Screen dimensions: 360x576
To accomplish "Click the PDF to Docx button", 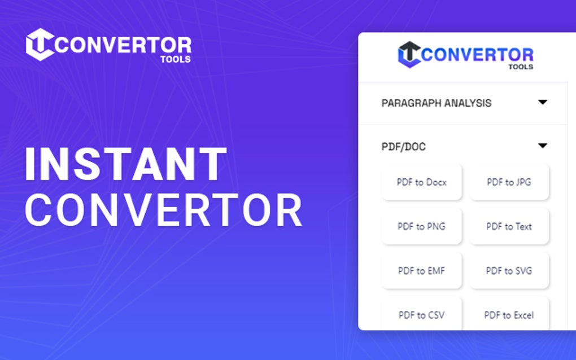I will pyautogui.click(x=421, y=182).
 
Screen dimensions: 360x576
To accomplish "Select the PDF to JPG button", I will pyautogui.click(x=509, y=182).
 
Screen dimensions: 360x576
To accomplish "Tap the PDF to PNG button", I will pyautogui.click(x=421, y=226).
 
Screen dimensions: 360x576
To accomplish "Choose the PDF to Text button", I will pyautogui.click(x=509, y=226).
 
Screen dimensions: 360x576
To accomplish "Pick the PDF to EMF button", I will pyautogui.click(x=421, y=270).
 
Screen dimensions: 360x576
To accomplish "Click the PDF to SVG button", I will pyautogui.click(x=509, y=270).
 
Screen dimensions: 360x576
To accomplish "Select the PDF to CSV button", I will pyautogui.click(x=421, y=314).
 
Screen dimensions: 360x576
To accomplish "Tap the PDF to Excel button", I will pyautogui.click(x=509, y=314).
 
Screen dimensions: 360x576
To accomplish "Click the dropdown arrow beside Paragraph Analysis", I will pyautogui.click(x=543, y=102).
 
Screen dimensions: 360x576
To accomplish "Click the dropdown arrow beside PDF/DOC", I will pyautogui.click(x=543, y=146).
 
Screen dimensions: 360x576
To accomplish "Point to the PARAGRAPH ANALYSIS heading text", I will pyautogui.click(x=436, y=103).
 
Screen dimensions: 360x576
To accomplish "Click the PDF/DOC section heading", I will pyautogui.click(x=403, y=147).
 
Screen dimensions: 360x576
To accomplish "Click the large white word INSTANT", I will pyautogui.click(x=126, y=164).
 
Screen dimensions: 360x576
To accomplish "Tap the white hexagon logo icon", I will pyautogui.click(x=40, y=44).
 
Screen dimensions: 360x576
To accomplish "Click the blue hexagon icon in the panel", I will pyautogui.click(x=409, y=54).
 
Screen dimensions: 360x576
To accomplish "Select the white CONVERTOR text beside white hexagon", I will pyautogui.click(x=124, y=45).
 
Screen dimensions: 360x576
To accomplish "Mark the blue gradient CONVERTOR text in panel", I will pyautogui.click(x=477, y=55).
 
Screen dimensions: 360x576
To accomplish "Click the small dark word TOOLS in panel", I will pyautogui.click(x=520, y=67).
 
